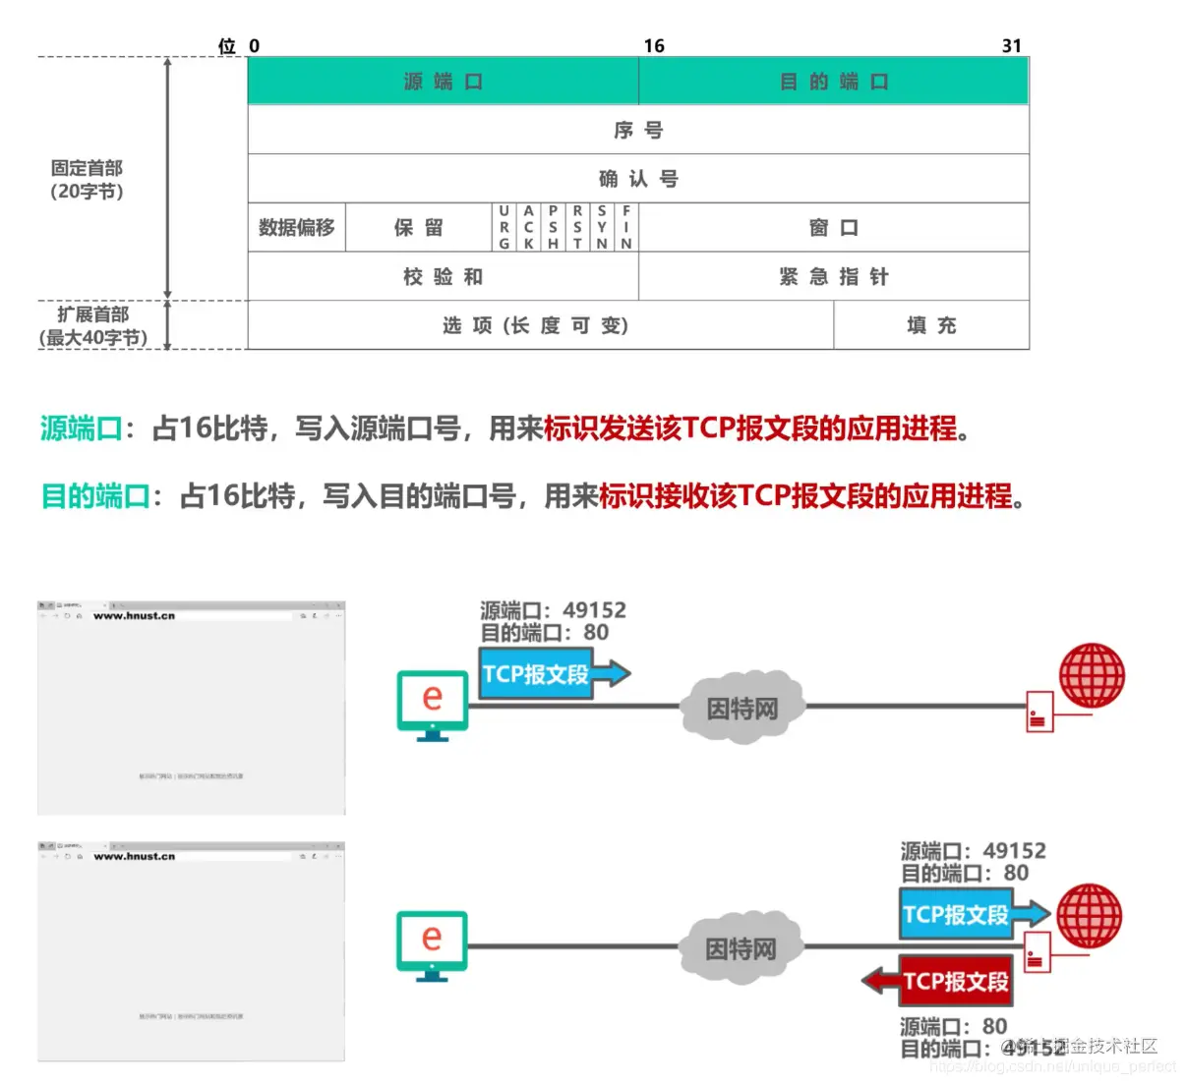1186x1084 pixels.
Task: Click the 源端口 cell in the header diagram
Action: click(443, 82)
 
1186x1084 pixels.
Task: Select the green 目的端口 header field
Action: click(833, 82)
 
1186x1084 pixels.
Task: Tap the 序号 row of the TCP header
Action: click(637, 130)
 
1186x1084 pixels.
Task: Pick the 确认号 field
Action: click(637, 179)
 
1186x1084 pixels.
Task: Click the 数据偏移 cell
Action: click(296, 228)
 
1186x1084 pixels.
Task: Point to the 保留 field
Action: click(418, 228)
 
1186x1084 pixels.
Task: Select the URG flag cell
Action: click(504, 228)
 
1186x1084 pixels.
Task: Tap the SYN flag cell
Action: click(602, 228)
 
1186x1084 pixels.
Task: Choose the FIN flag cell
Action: click(626, 228)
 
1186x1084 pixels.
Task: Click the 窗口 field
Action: click(833, 228)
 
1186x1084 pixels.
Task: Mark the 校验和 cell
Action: click(443, 277)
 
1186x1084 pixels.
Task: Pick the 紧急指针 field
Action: click(833, 277)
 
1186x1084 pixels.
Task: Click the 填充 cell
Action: click(930, 325)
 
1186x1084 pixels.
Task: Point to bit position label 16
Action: click(654, 46)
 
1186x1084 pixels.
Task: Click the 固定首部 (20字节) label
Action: click(87, 180)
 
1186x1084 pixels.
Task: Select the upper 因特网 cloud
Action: click(742, 708)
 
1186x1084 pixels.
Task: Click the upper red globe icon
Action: click(1092, 676)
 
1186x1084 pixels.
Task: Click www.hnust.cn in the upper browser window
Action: click(134, 616)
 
